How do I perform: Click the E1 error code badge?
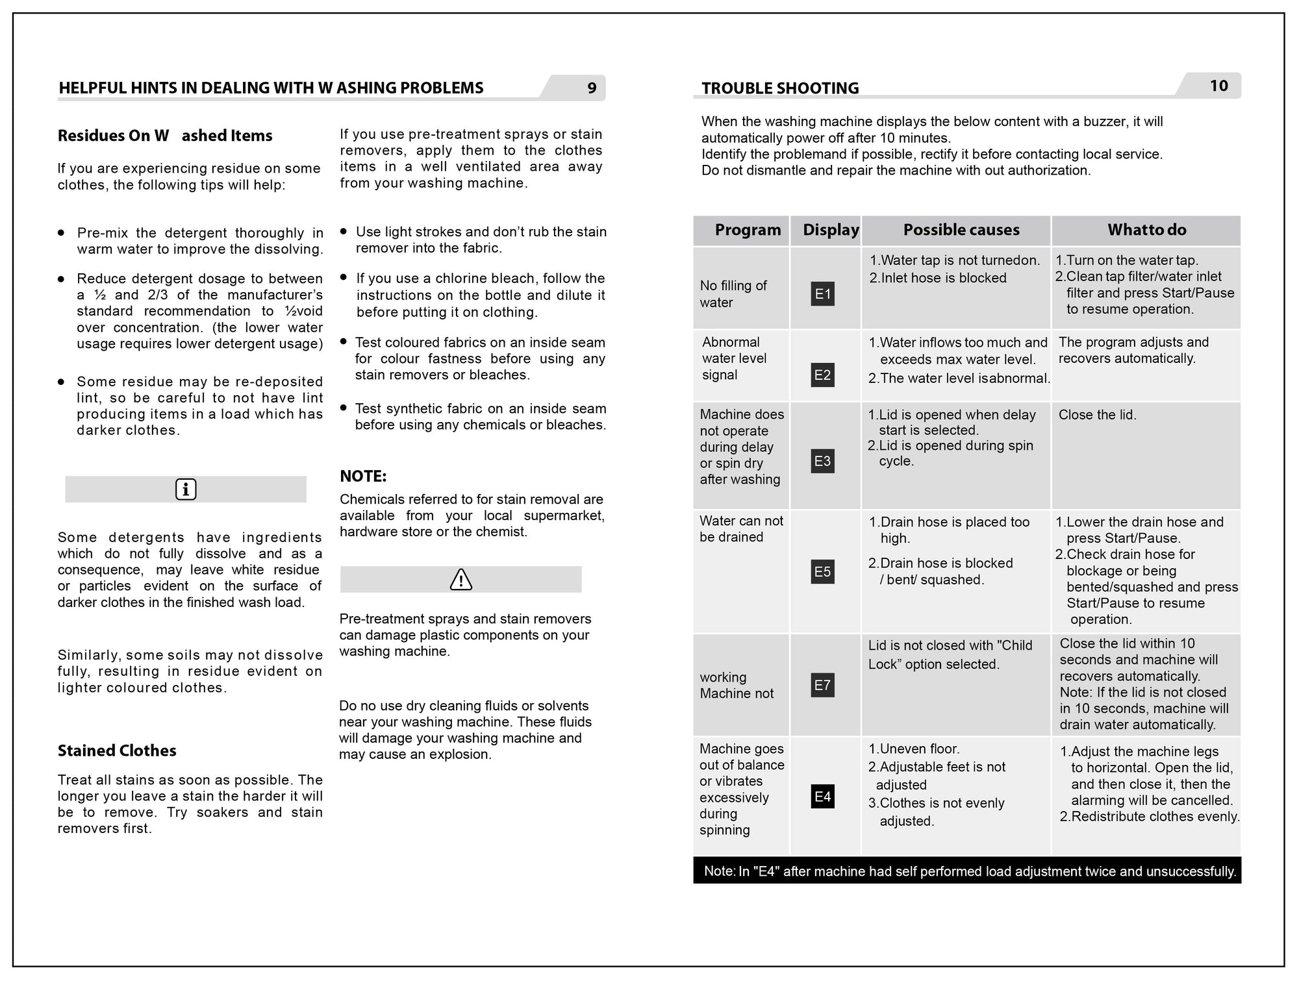[x=822, y=294]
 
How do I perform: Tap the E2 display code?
[x=822, y=375]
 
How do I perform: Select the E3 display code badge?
[x=822, y=461]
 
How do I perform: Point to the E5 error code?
[x=822, y=572]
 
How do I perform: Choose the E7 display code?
[x=822, y=685]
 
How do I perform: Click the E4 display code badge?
[x=822, y=797]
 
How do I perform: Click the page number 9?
[x=592, y=88]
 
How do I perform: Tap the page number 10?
[x=1218, y=86]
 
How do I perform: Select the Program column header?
[x=748, y=230]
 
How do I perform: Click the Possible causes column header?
[x=961, y=230]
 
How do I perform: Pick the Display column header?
[x=831, y=230]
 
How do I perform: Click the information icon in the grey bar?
[x=186, y=490]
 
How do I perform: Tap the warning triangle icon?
[x=461, y=579]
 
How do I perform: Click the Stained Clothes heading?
[x=117, y=751]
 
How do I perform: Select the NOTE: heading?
[x=363, y=477]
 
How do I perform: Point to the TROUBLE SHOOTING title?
[x=780, y=88]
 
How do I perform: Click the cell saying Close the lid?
[x=1097, y=415]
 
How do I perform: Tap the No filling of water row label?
[x=733, y=294]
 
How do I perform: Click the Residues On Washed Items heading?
[x=165, y=136]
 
